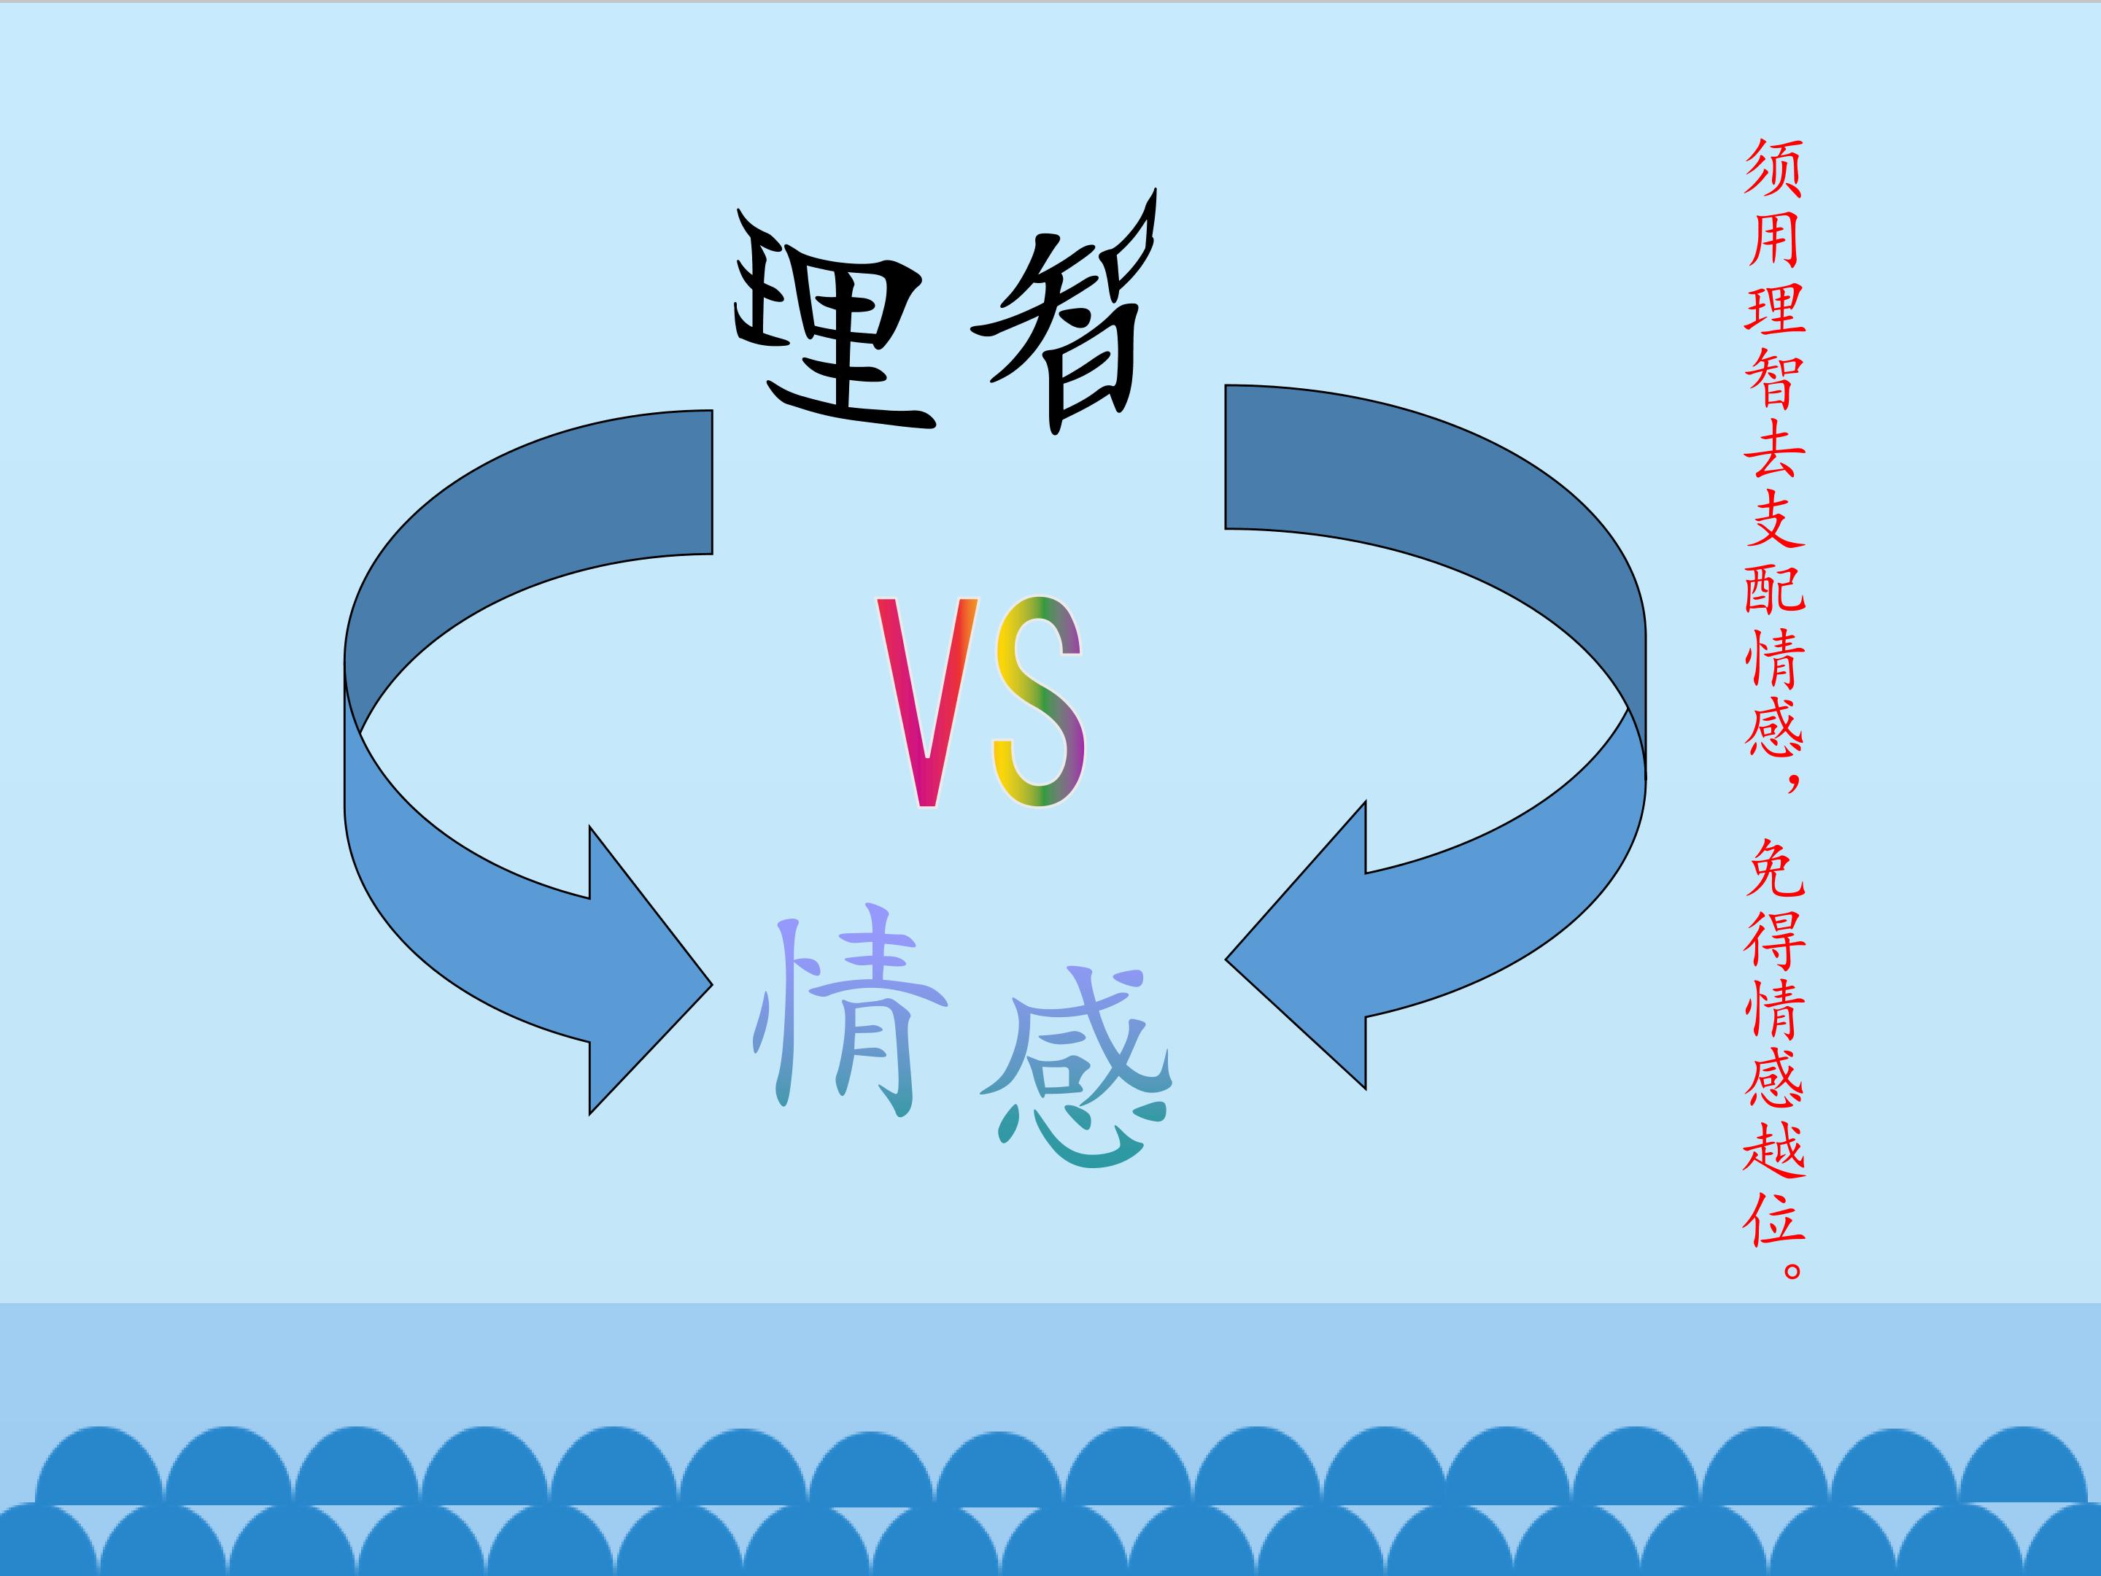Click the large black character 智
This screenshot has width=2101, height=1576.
[1064, 314]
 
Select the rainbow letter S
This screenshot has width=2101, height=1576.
[1038, 702]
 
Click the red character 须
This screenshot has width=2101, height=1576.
[1773, 168]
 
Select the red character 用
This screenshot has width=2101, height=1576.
[1773, 237]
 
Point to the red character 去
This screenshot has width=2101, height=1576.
[1773, 447]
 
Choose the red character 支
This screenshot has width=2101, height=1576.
[1773, 518]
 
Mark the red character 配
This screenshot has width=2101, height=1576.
[1773, 587]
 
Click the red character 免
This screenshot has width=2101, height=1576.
[1773, 868]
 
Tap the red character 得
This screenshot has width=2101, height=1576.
[1773, 938]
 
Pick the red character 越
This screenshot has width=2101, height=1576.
[1773, 1148]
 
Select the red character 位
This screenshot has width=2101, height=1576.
[1773, 1217]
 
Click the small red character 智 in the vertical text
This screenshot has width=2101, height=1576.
[1773, 378]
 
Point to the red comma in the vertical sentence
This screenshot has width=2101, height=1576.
[1789, 783]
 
